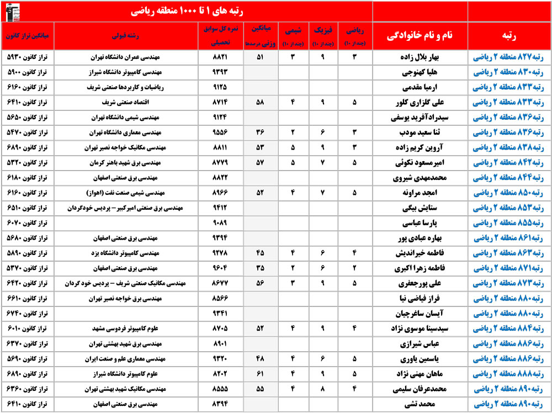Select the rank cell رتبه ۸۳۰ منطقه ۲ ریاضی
pos(509,72)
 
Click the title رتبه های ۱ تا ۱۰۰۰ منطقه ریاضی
pos(185,10)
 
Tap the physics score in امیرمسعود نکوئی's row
pos(323,163)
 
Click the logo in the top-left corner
pos(12,10)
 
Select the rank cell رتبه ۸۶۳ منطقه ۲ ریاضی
pos(509,253)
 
